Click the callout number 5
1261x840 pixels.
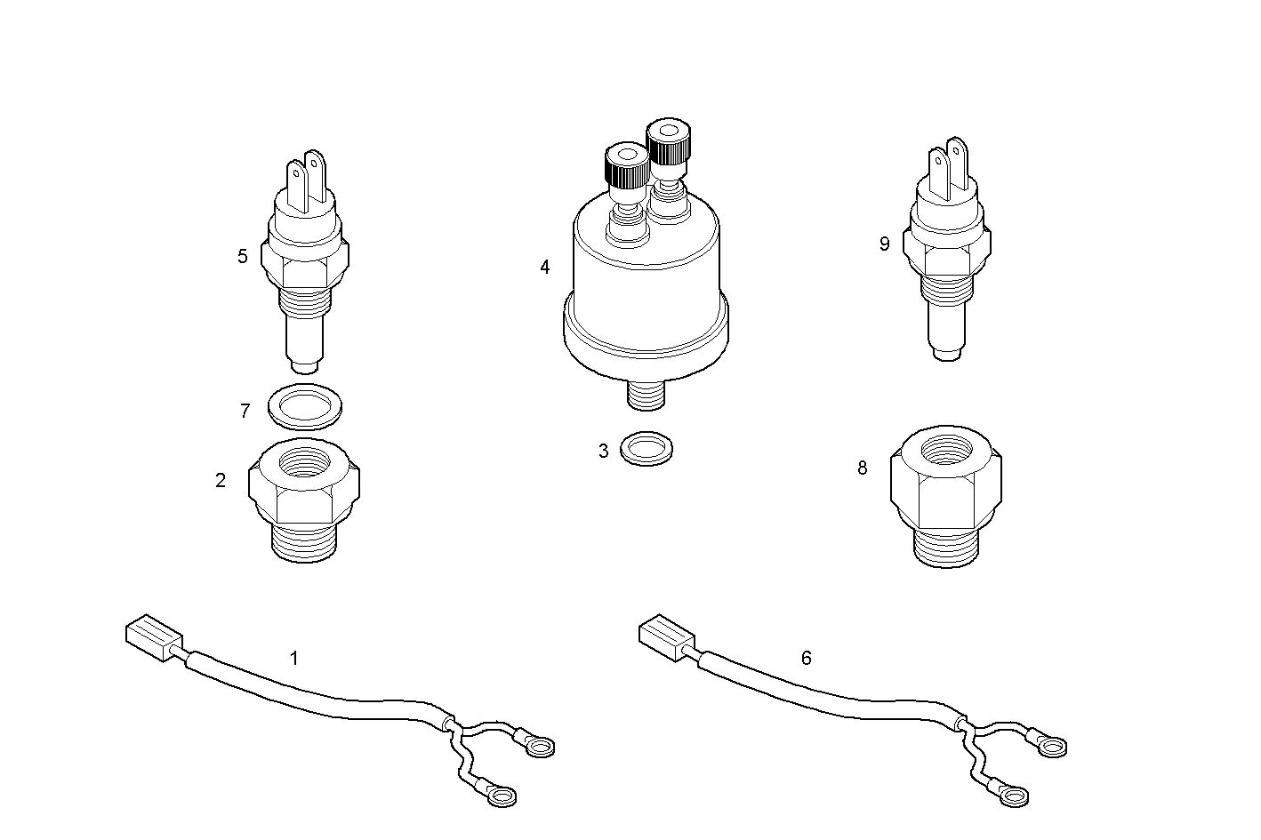(243, 257)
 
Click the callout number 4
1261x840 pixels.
(545, 267)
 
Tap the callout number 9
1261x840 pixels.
(884, 244)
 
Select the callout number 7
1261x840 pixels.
(245, 411)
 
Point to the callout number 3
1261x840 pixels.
(604, 451)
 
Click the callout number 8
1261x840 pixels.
(862, 468)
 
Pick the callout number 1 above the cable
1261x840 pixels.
(294, 658)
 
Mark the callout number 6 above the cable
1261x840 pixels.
(806, 658)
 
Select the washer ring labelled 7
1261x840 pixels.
(305, 406)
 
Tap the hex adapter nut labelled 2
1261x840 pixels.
(304, 497)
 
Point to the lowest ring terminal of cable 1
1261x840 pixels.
(497, 794)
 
